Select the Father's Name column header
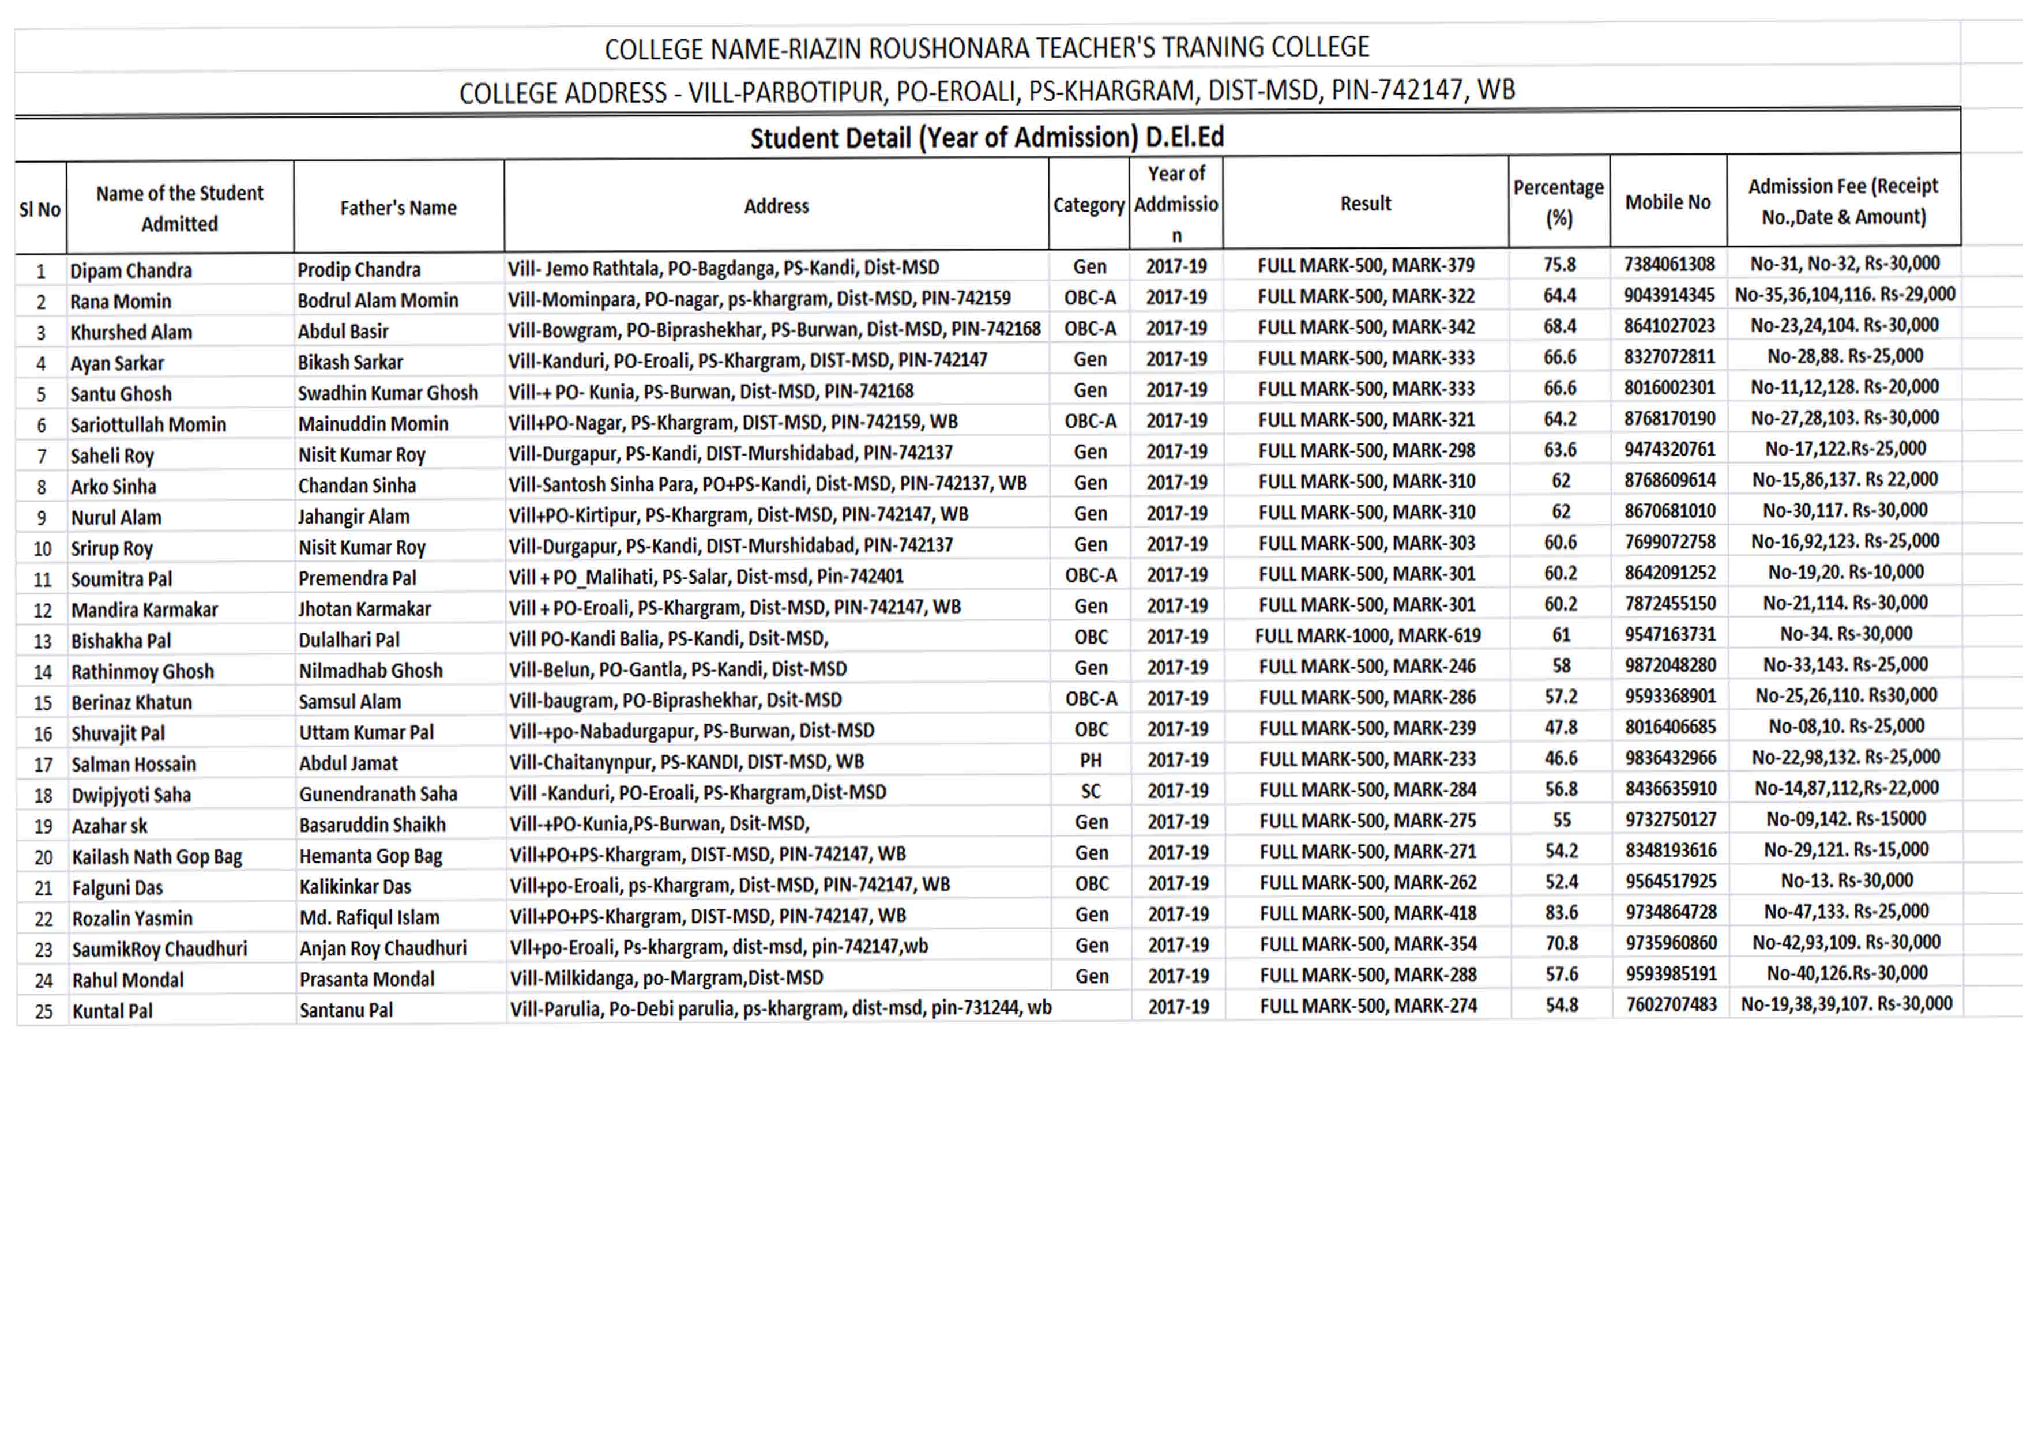point(398,208)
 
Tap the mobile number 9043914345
point(1669,295)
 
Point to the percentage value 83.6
point(1561,913)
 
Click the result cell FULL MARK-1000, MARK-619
point(1367,635)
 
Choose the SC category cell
point(1091,791)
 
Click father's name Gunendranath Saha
point(378,794)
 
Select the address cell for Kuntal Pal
point(780,1007)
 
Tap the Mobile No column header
point(1667,202)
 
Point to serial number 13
point(42,641)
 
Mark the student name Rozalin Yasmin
point(132,918)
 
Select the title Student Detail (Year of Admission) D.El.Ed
point(987,137)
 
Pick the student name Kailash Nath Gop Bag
point(157,856)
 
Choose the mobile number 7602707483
point(1671,1004)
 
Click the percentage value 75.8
point(1559,264)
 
